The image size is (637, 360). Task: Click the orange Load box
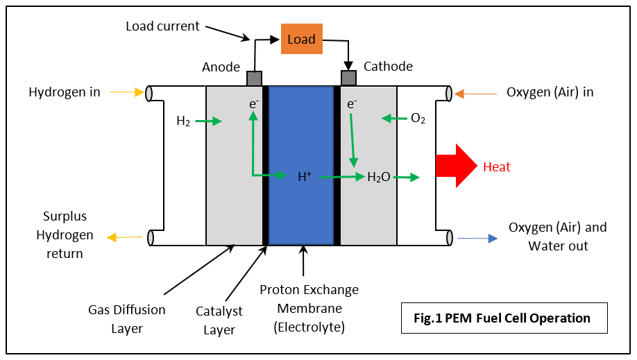coord(301,39)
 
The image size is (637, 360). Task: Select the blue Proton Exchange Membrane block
coord(301,165)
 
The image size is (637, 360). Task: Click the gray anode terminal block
coord(254,78)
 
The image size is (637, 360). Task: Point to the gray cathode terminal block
coord(348,78)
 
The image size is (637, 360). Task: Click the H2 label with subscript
coord(183,121)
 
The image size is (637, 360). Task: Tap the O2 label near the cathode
coord(418,118)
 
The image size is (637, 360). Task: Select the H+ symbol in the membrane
coord(305,176)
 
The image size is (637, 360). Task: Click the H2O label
coord(379,177)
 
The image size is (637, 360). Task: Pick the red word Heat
coord(496,166)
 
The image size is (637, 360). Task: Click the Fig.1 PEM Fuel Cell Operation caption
coord(502,318)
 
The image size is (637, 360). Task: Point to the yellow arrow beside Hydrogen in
coord(127,92)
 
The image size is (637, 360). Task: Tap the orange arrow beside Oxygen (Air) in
coord(475,94)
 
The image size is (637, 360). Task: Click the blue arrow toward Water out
coord(477,238)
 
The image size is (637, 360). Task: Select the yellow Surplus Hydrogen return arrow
coord(125,237)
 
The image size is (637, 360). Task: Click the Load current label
coord(162,26)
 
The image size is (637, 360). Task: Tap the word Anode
coord(221,67)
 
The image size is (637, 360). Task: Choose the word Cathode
coord(388,66)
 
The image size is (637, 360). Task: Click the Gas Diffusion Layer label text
coord(127,319)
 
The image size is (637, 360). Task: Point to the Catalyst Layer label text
coord(219,320)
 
